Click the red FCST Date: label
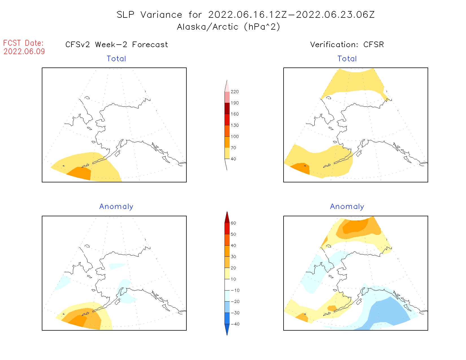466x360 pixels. click(x=23, y=43)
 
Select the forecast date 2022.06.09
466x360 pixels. click(x=24, y=52)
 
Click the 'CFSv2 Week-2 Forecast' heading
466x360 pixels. click(x=117, y=45)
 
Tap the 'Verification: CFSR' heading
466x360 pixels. click(x=347, y=45)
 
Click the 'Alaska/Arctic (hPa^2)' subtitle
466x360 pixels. click(x=228, y=27)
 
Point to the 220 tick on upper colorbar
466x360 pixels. click(x=234, y=92)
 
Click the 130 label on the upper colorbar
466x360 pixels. click(x=234, y=125)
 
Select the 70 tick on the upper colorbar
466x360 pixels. click(x=233, y=148)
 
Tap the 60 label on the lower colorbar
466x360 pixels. click(x=233, y=223)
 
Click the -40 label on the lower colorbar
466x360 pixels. click(x=235, y=324)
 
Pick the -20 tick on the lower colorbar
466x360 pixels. click(x=235, y=302)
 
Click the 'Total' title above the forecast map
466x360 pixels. click(x=116, y=59)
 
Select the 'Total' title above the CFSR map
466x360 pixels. click(x=347, y=59)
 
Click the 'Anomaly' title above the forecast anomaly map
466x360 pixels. click(x=116, y=207)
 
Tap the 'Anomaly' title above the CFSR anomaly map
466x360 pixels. click(x=347, y=207)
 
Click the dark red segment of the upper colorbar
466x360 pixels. click(x=227, y=108)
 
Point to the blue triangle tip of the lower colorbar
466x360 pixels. click(x=227, y=330)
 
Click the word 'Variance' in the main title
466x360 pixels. click(x=161, y=15)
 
